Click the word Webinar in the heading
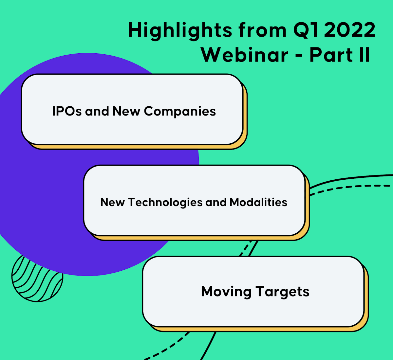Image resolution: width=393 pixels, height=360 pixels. [x=244, y=55]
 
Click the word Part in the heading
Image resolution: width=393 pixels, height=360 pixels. [x=331, y=55]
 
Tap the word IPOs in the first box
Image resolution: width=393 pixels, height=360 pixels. [x=67, y=111]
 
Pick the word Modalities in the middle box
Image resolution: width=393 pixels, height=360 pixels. [x=258, y=202]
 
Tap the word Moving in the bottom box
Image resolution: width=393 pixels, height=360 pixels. [x=226, y=292]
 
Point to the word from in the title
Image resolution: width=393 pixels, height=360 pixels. [x=262, y=30]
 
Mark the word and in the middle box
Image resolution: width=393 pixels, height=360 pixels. [x=216, y=202]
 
